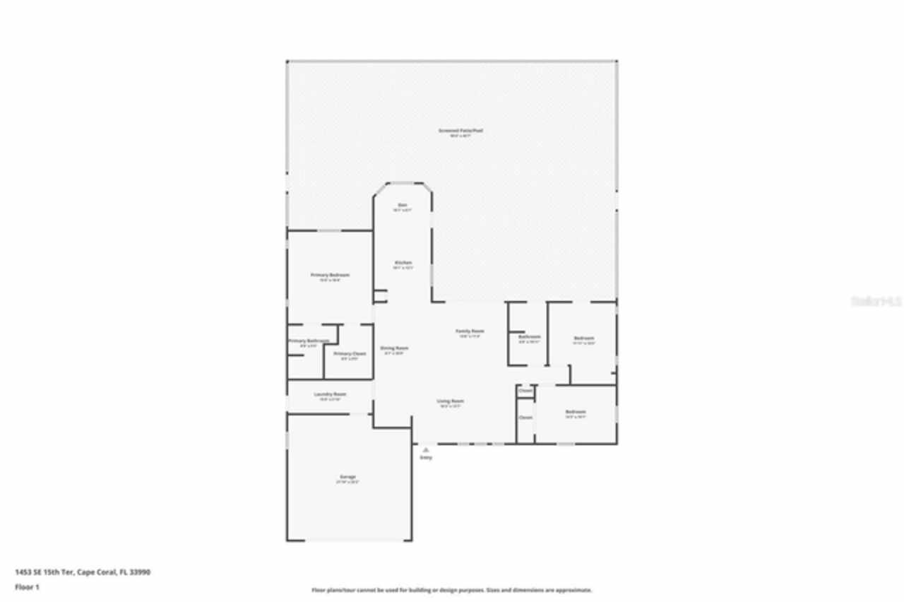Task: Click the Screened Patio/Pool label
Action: pyautogui.click(x=451, y=131)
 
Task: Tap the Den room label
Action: pyautogui.click(x=402, y=205)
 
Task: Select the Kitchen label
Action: pyautogui.click(x=403, y=263)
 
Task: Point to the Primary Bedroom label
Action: pyautogui.click(x=330, y=275)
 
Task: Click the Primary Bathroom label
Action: pyautogui.click(x=308, y=341)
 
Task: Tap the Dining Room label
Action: pyautogui.click(x=394, y=348)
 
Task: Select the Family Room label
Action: pyautogui.click(x=470, y=331)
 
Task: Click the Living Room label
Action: pyautogui.click(x=451, y=401)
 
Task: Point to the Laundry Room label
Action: pyautogui.click(x=330, y=394)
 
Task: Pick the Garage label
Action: pyautogui.click(x=347, y=477)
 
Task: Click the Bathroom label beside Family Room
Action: pyautogui.click(x=529, y=337)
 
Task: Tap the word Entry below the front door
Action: pyautogui.click(x=426, y=458)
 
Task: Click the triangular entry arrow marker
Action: pyautogui.click(x=426, y=449)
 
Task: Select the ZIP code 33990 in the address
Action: pyautogui.click(x=140, y=572)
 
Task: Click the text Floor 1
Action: pyautogui.click(x=28, y=586)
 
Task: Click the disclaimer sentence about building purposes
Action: pyautogui.click(x=452, y=590)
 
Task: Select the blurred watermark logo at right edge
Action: pyautogui.click(x=876, y=301)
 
